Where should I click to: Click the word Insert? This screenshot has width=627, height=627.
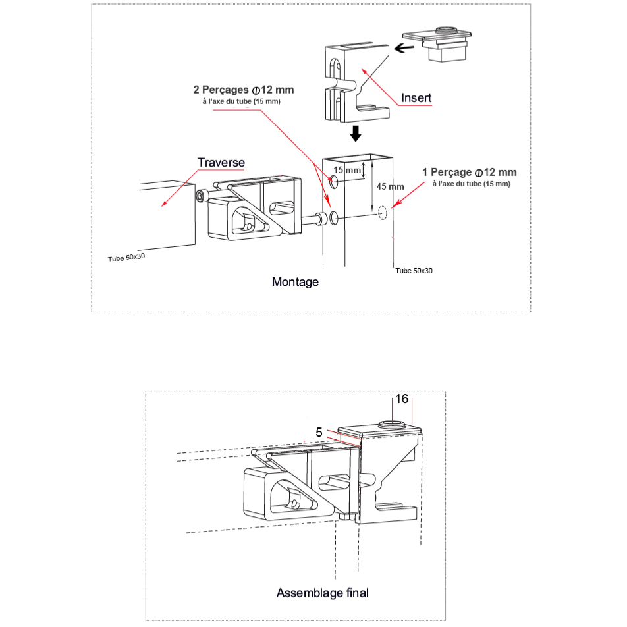coord(416,98)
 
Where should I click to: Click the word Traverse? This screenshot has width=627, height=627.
coord(221,162)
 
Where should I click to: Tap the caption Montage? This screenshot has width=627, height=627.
coord(295,282)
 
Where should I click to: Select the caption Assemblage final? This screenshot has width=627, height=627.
coord(322,593)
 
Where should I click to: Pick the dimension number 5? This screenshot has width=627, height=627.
coord(319,432)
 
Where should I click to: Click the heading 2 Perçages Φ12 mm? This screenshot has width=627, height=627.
coord(244,90)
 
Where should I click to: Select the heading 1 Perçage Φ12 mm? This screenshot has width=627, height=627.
coord(470,173)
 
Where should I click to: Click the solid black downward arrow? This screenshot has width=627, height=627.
coord(356,134)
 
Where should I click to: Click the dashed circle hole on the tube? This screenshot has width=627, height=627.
coord(383,213)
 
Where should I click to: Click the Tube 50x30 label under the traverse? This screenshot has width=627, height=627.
coord(126,258)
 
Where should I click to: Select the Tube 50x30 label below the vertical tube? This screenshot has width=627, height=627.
coord(414,271)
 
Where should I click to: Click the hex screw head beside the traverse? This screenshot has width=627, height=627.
coord(200,196)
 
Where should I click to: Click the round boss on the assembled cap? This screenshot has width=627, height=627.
coord(389,423)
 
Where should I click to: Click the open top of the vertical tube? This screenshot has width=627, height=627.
coord(358,158)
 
